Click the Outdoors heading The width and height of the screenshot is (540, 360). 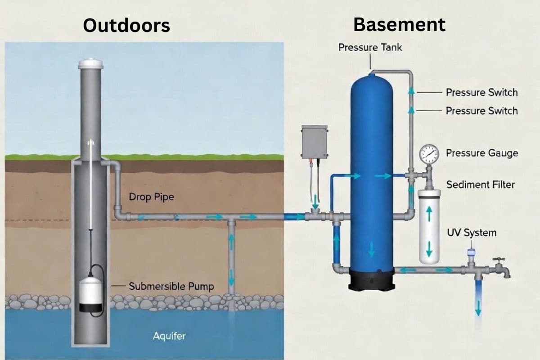127,25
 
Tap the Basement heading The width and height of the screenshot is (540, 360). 399,24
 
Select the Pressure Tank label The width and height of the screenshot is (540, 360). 370,47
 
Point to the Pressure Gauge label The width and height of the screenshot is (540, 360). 481,153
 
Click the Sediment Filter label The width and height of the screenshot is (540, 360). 480,184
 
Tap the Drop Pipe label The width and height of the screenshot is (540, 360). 151,197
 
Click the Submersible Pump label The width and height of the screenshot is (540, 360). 171,286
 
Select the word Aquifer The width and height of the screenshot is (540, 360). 169,336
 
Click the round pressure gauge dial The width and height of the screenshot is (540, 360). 428,154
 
